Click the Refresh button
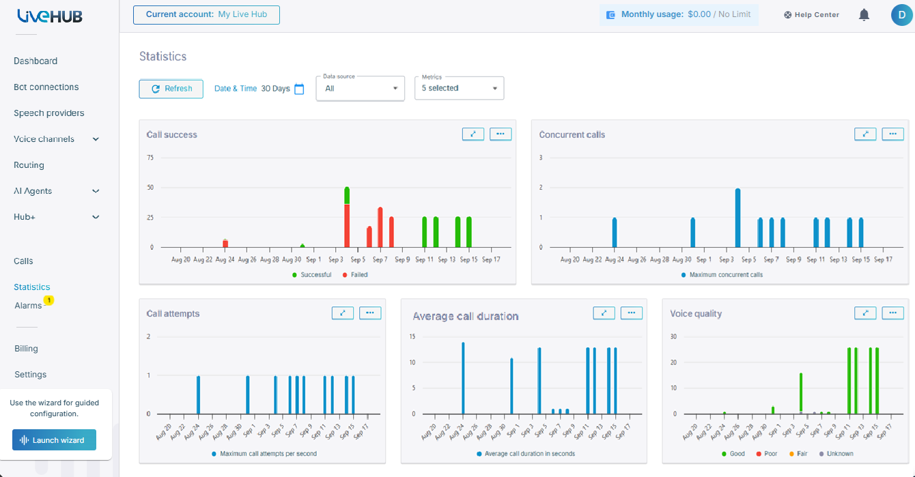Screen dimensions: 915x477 click(x=171, y=89)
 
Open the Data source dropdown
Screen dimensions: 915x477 click(x=361, y=88)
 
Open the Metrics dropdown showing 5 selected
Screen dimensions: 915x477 click(x=459, y=88)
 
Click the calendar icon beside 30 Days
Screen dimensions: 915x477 click(x=299, y=89)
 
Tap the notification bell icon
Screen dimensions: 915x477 click(x=864, y=15)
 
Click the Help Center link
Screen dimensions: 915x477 click(x=812, y=15)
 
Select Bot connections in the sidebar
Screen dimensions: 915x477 click(x=46, y=87)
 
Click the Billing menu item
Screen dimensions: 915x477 click(x=26, y=348)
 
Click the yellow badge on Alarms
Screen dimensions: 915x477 click(x=49, y=300)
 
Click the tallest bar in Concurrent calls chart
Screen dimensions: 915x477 click(x=737, y=218)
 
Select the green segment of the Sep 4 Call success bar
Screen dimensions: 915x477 click(x=347, y=196)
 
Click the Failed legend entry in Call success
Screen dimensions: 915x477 click(x=355, y=275)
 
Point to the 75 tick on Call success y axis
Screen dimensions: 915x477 click(x=150, y=158)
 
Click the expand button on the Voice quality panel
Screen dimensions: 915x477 click(x=865, y=313)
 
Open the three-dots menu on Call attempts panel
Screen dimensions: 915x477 click(x=370, y=313)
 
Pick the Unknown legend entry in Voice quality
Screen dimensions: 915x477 click(x=836, y=454)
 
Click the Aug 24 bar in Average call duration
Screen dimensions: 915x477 click(x=463, y=378)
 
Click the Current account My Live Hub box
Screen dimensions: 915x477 click(x=206, y=15)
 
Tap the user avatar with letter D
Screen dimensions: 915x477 click(x=901, y=15)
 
